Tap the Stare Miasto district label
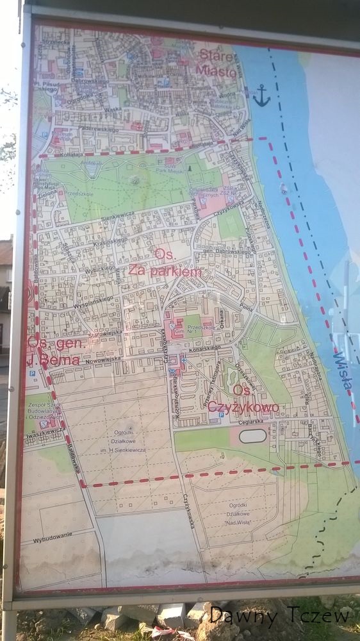tap(217, 62)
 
